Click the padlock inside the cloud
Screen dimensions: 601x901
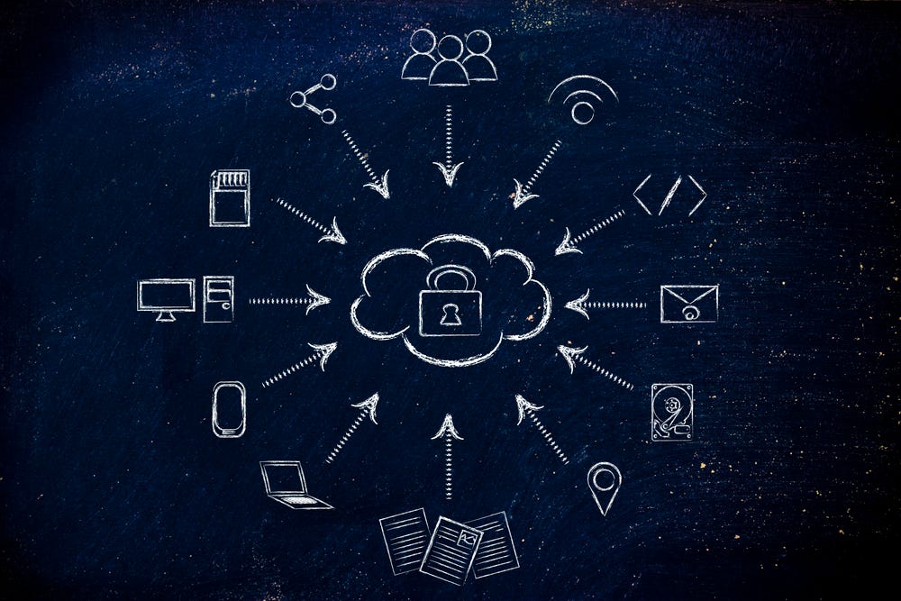click(x=450, y=304)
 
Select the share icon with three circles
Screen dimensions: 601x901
click(x=314, y=98)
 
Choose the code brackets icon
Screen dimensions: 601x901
click(x=669, y=196)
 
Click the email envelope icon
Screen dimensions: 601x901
click(x=689, y=304)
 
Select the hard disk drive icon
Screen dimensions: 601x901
click(x=672, y=413)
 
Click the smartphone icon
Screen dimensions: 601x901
click(x=229, y=409)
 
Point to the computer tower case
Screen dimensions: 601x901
click(x=218, y=299)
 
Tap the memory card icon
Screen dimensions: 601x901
click(x=229, y=197)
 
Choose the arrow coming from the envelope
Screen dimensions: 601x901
click(x=605, y=305)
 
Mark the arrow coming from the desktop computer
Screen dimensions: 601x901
click(x=288, y=300)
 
